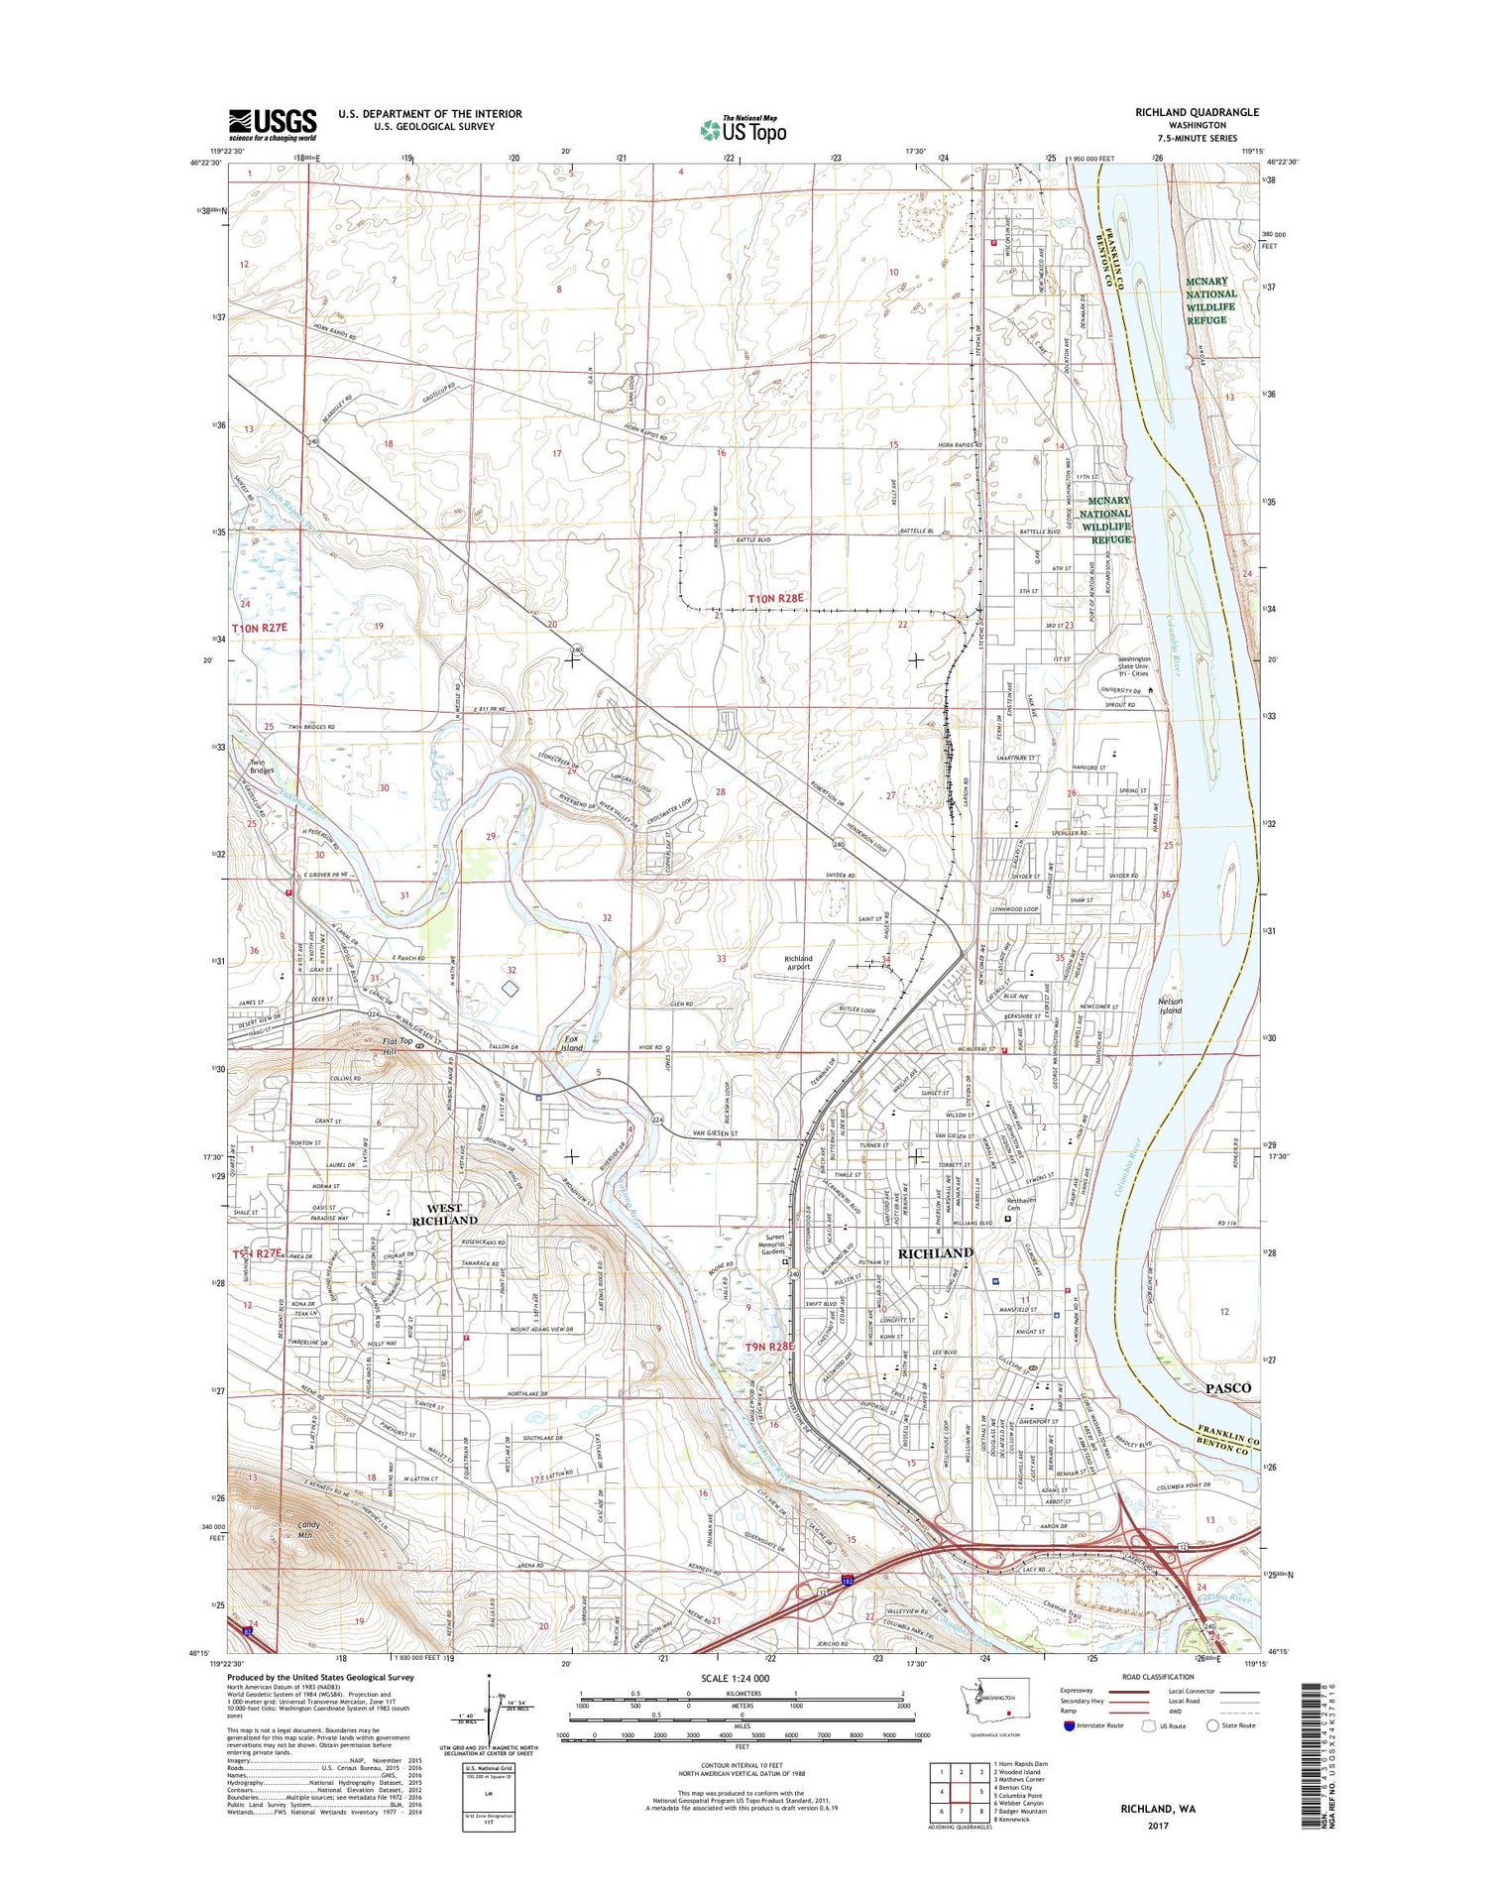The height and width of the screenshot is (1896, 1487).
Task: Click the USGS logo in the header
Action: [273, 124]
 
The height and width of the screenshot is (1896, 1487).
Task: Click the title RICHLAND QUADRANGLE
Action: [1197, 112]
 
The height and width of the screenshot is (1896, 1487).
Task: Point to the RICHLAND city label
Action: [935, 1253]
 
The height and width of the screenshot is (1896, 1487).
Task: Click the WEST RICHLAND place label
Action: [445, 1214]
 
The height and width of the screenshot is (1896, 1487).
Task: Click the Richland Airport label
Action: [798, 962]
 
